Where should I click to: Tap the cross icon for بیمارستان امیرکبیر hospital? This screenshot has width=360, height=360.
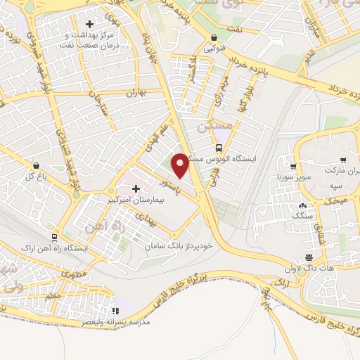point(135,188)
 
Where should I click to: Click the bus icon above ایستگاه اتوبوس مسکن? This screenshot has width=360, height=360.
point(219,148)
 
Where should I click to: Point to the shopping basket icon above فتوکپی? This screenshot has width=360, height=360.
point(214,38)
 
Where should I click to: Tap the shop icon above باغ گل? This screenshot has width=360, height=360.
point(36,165)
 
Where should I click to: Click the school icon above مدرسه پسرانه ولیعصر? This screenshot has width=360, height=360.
point(116,310)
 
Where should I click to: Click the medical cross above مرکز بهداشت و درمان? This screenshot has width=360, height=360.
point(89,25)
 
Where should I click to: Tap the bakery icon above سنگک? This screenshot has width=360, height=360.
point(303,205)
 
